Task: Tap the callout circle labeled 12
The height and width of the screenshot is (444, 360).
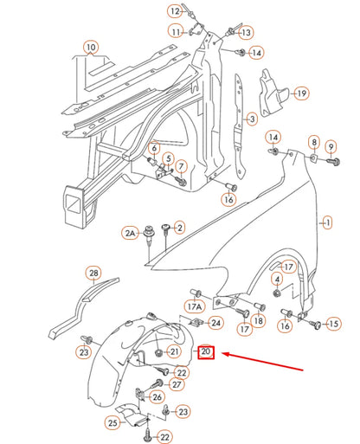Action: click(174, 11)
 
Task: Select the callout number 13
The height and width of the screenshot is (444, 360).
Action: click(246, 32)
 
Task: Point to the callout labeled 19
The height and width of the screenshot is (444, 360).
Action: click(300, 93)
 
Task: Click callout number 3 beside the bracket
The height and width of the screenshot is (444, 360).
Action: click(251, 119)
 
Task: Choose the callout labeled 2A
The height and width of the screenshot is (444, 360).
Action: click(131, 234)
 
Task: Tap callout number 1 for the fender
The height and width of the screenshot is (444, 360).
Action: click(326, 222)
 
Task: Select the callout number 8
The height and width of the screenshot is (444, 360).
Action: click(313, 142)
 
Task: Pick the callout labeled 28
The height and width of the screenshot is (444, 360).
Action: click(93, 273)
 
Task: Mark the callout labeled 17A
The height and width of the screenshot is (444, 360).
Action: click(195, 306)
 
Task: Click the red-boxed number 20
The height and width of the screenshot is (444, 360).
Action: click(206, 353)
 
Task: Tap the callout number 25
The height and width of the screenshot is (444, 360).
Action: click(113, 423)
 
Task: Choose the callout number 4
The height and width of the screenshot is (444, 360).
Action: click(276, 280)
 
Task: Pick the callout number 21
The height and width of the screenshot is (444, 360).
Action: click(174, 351)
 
